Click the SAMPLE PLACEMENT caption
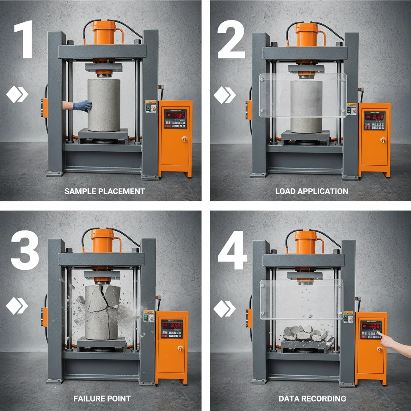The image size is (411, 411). tap(104, 191)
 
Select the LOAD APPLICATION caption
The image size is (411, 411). tap(311, 191)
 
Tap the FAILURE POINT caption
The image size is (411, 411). tap(102, 399)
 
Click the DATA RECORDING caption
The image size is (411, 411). tap(312, 399)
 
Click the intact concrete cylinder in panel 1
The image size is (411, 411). tap(104, 105)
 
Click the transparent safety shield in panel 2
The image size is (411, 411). tap(303, 95)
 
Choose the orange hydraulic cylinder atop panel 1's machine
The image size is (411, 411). tap(104, 33)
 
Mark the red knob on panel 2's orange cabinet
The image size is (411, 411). tap(383, 140)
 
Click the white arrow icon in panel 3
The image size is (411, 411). tap(17, 307)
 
